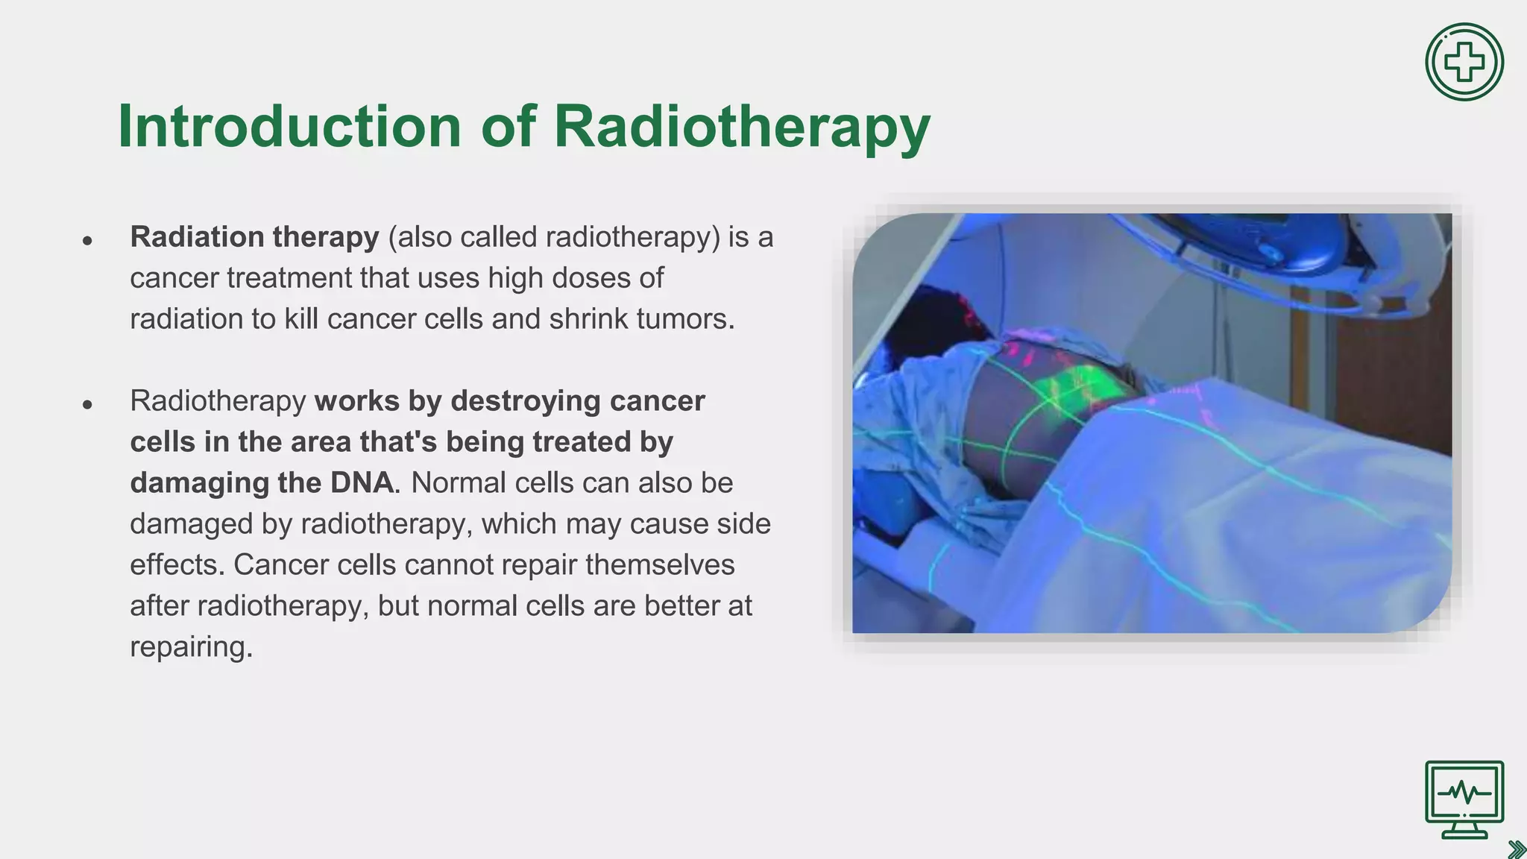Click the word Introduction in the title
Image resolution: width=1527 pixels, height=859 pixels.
click(289, 127)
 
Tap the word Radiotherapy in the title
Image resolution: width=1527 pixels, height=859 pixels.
click(742, 127)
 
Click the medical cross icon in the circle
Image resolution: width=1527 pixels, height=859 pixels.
click(1464, 62)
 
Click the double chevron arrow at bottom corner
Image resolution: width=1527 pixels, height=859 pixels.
click(1516, 849)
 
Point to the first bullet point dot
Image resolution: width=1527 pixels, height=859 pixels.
click(88, 240)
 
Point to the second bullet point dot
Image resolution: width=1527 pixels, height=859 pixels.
click(88, 404)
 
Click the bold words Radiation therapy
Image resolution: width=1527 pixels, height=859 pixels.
click(254, 237)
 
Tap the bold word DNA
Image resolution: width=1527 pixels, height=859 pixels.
click(362, 483)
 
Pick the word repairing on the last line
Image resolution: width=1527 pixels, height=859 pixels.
click(191, 647)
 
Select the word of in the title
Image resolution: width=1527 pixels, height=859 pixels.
click(508, 127)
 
